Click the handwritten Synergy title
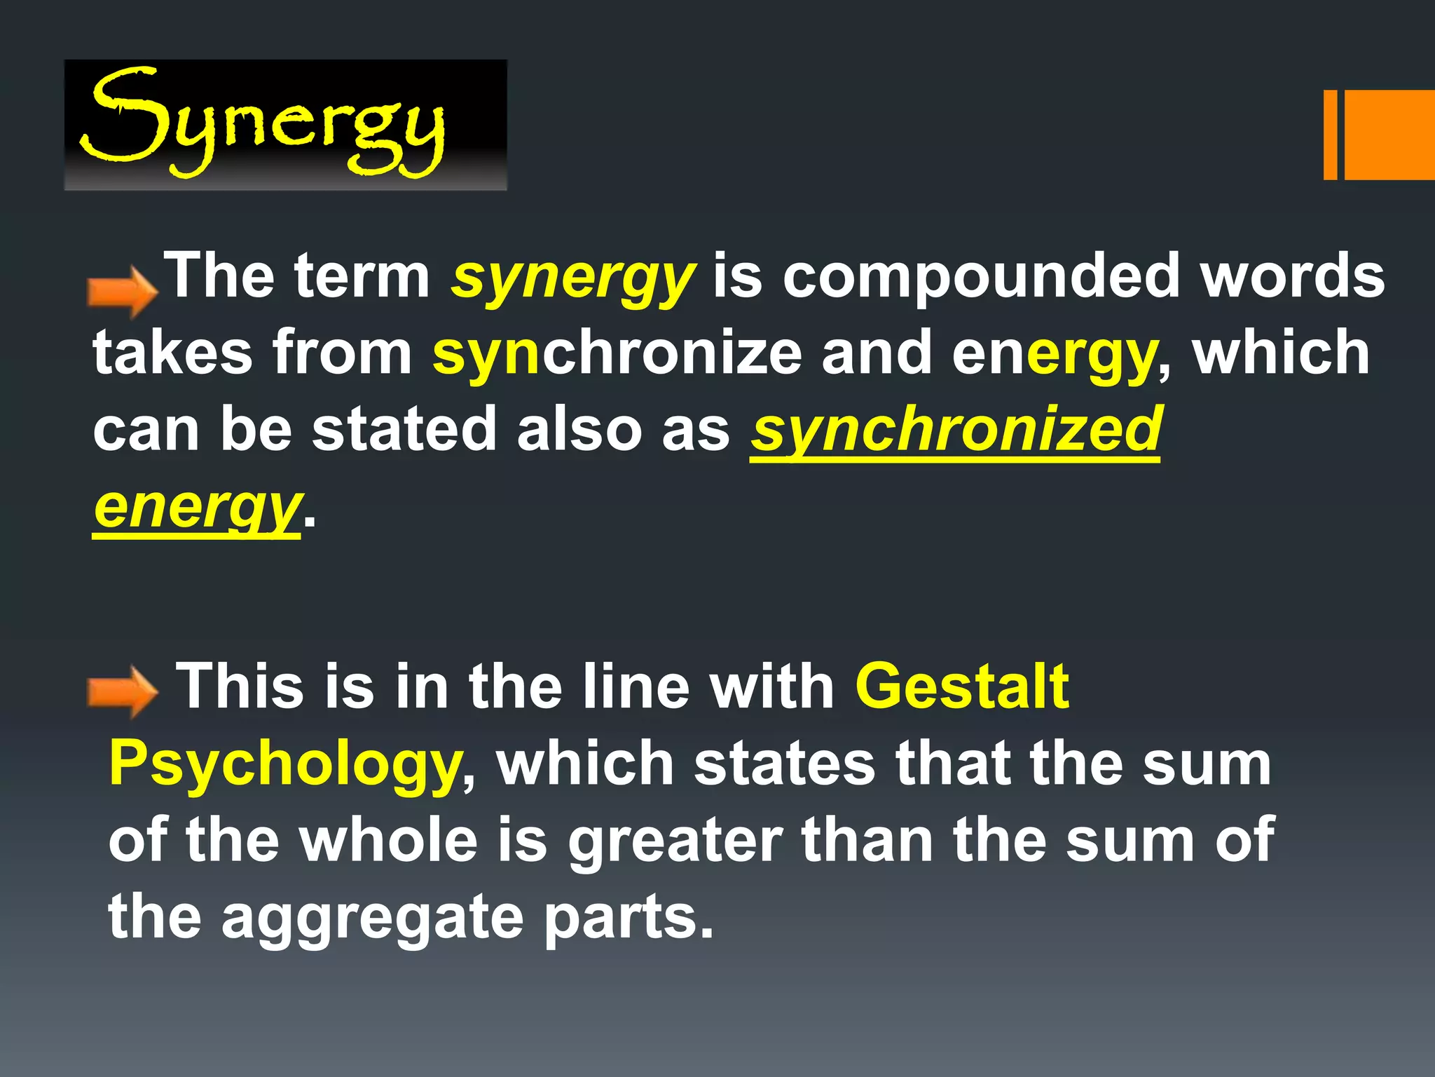tap(263, 123)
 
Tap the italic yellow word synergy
tap(573, 277)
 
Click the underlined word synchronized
tap(956, 429)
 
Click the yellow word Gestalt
tap(961, 686)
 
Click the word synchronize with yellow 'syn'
tap(617, 353)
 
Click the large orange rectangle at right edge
tap(1389, 135)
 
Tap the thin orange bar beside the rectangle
tap(1329, 135)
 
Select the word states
tap(784, 764)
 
